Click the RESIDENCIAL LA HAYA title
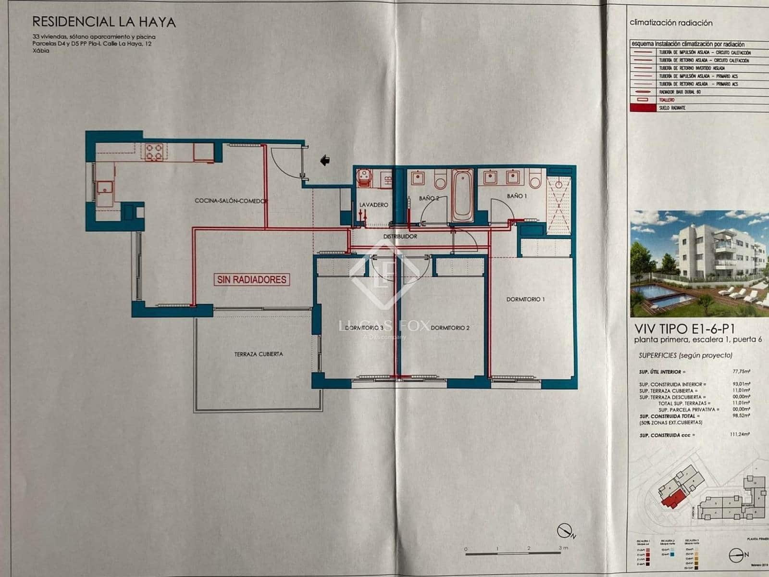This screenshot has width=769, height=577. pos(104,22)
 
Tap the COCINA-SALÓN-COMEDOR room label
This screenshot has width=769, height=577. pos(231,201)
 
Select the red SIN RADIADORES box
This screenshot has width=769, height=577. pos(252,279)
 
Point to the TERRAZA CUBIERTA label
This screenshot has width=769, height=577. pos(259,354)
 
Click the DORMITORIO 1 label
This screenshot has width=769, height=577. pos(525,299)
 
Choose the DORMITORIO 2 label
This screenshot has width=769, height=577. pos(450,328)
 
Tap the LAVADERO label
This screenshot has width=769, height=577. pos(373,205)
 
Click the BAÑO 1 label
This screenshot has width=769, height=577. pos(517,196)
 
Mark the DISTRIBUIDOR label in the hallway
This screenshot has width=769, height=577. pos(400,237)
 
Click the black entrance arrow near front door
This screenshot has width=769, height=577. pos(325,160)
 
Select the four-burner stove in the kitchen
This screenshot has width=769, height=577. pos(155,152)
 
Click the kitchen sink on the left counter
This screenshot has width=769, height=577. pos(104,187)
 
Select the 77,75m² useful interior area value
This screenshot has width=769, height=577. pos(741,372)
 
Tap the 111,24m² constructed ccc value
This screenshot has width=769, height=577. pos(741,435)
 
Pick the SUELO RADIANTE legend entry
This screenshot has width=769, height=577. pos(672,108)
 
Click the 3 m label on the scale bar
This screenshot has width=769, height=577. pos(563,548)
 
